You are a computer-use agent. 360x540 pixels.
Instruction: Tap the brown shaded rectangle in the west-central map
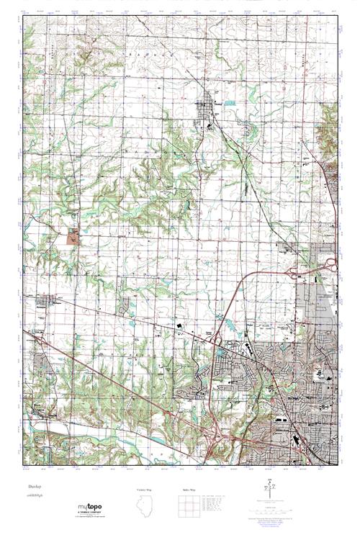click(73, 235)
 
